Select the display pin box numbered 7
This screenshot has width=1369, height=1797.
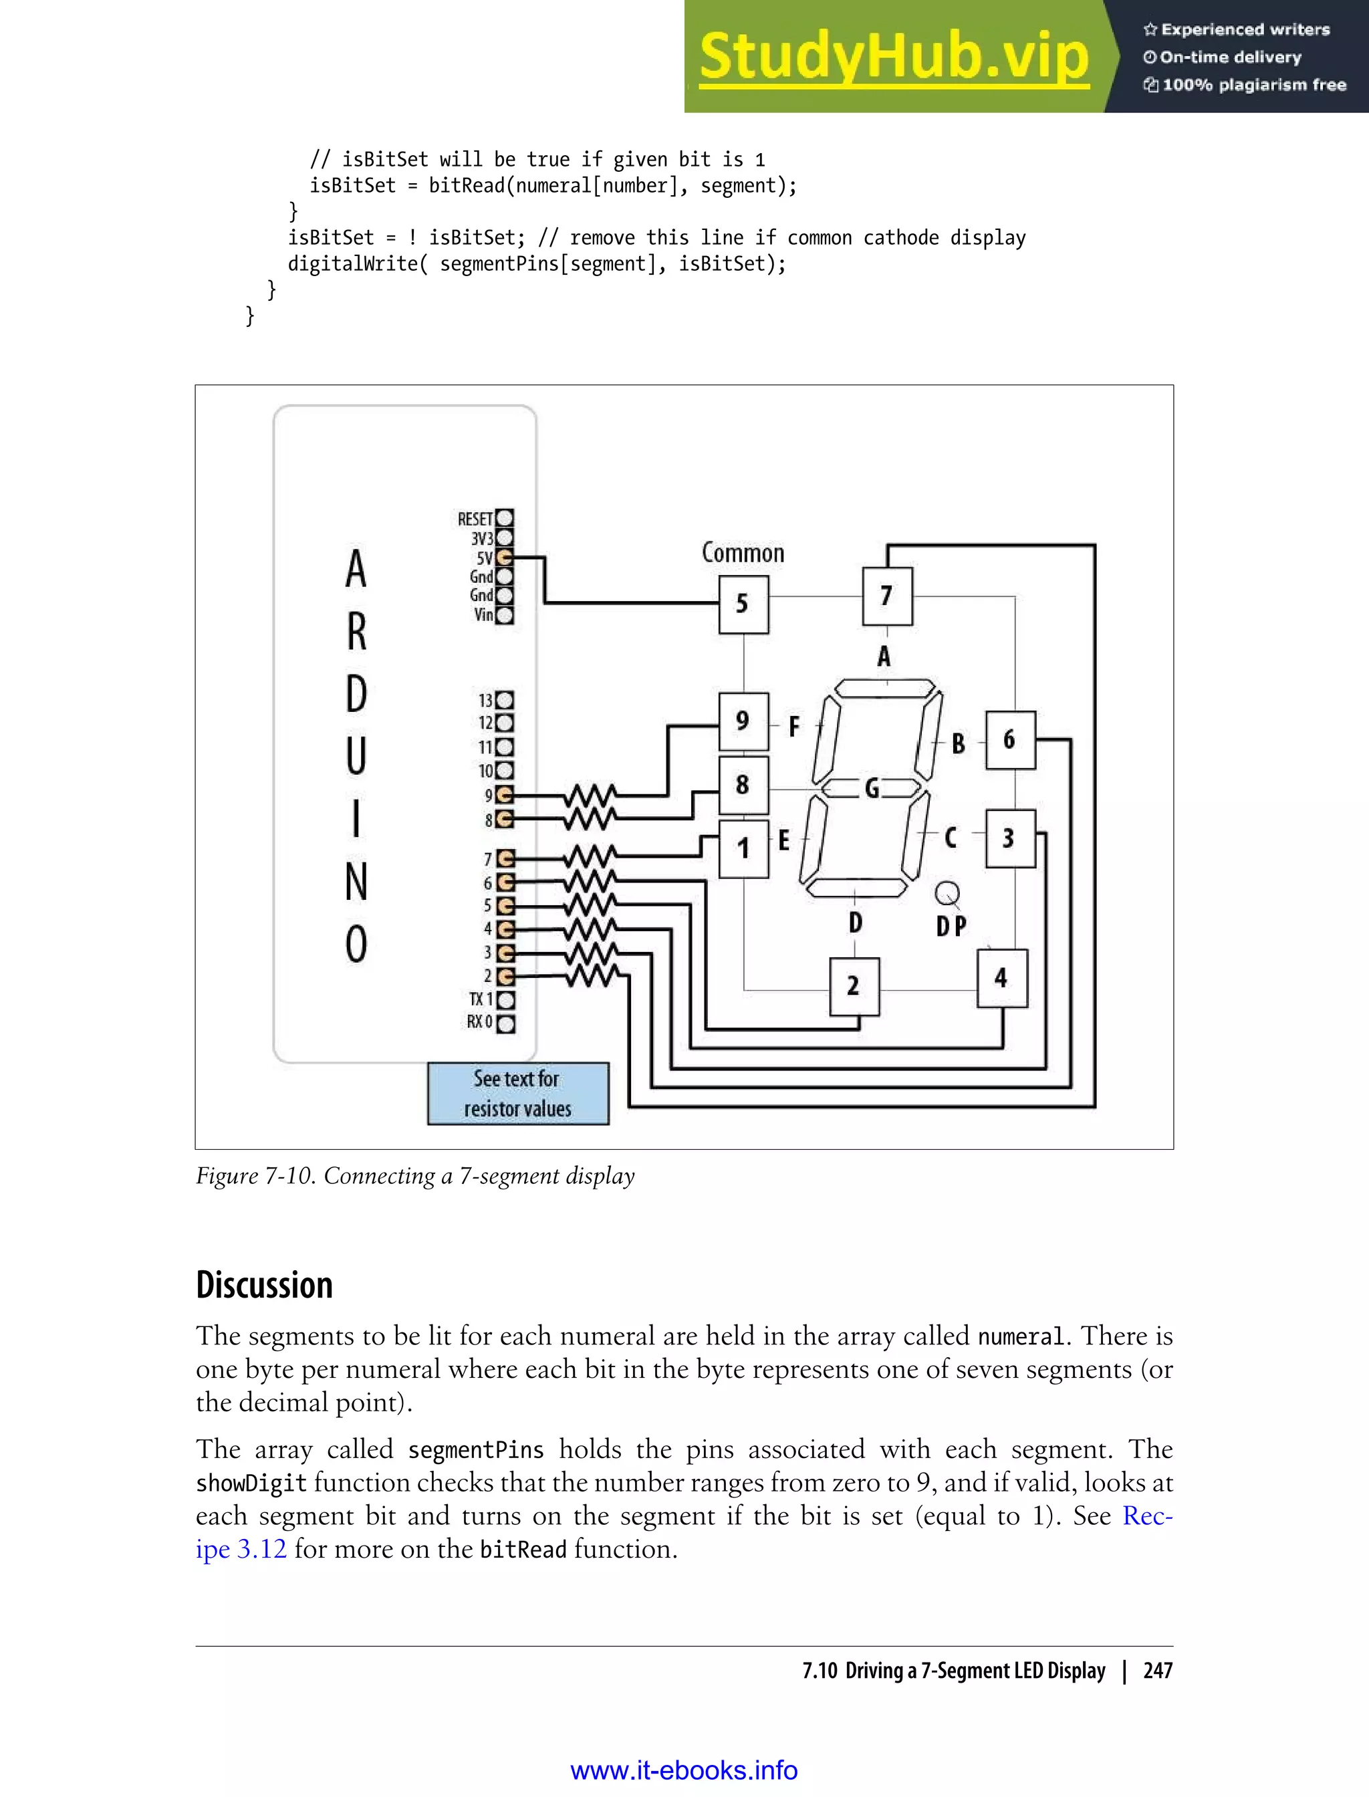coord(886,596)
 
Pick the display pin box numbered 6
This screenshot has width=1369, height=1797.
coord(1009,740)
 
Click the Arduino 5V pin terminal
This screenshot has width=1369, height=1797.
coord(505,558)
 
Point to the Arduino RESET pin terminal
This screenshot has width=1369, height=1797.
coord(505,518)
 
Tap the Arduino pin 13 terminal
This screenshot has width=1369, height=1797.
coord(505,700)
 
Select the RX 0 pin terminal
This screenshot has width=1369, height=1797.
coord(505,1024)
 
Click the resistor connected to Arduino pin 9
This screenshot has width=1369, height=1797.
coord(591,795)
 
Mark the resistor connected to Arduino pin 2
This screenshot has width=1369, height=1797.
coord(591,975)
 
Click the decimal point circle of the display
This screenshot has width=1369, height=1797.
coord(947,893)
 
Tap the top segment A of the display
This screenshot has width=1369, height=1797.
coord(885,688)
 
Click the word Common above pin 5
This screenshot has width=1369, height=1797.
coord(743,554)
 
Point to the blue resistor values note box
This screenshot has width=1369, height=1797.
coord(518,1094)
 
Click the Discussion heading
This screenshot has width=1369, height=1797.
coord(265,1285)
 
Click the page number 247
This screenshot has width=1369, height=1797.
coord(1157,1671)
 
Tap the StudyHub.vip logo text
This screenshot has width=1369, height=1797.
coord(894,57)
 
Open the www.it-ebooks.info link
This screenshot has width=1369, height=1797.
coord(684,1770)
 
